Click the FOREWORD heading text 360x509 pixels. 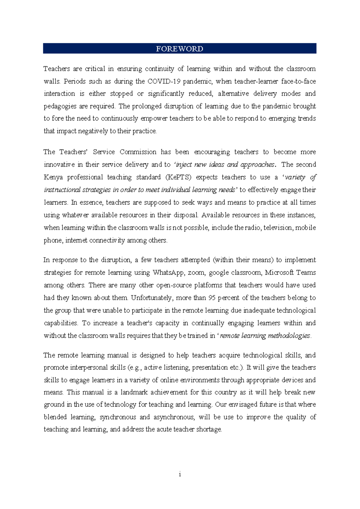[179, 49]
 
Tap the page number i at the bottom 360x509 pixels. [180, 474]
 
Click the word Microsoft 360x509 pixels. [279, 273]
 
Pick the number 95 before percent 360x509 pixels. [212, 298]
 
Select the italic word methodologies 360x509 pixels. [289, 336]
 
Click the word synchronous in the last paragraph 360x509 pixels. [118, 417]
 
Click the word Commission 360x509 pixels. [138, 152]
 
